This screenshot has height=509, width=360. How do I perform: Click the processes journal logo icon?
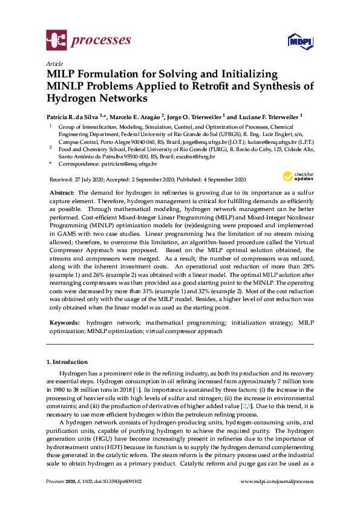tap(56, 41)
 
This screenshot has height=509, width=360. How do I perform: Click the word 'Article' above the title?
tap(54, 63)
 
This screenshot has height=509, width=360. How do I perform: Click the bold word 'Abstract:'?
tap(62, 192)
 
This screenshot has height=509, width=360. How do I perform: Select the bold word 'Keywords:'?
tap(64, 323)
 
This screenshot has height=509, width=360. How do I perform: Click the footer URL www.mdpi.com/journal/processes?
tap(277, 481)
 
